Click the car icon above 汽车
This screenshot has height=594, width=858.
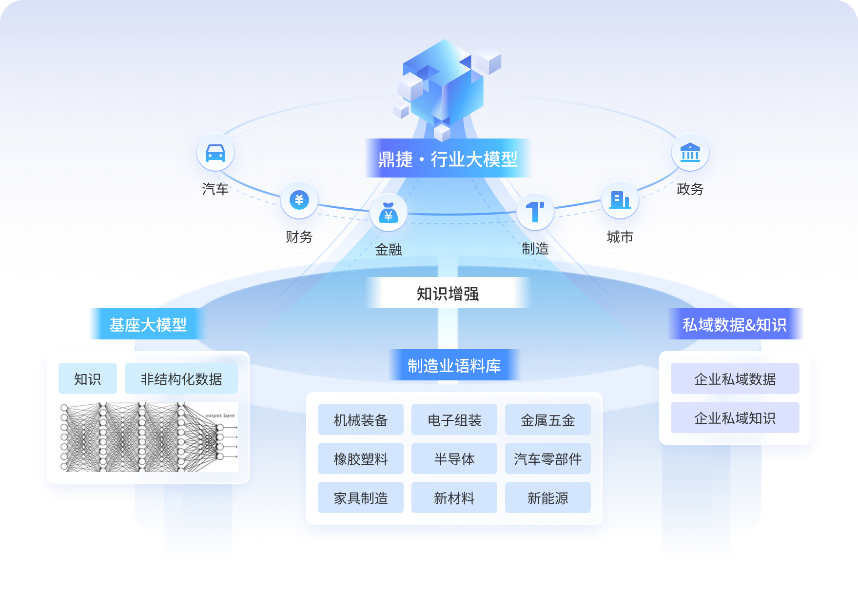215,153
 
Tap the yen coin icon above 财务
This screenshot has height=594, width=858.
299,200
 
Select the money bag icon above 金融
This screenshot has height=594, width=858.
388,213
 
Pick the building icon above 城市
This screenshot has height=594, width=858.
620,199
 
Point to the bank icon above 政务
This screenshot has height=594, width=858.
690,152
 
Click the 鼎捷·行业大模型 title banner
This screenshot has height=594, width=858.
448,158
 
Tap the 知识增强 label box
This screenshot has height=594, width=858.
448,293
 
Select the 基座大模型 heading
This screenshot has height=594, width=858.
148,324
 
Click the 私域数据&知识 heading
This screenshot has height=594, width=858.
735,324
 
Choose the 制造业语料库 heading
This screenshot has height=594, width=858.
454,366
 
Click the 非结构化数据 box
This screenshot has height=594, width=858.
181,378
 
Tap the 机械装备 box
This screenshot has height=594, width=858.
360,419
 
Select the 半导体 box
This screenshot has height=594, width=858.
454,458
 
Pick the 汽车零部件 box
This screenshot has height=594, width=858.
547,458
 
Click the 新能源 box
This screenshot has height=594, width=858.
547,497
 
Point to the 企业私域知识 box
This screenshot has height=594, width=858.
735,417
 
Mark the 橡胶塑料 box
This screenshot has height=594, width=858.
360,458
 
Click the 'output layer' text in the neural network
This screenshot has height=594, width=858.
220,416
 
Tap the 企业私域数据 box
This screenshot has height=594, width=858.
735,378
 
